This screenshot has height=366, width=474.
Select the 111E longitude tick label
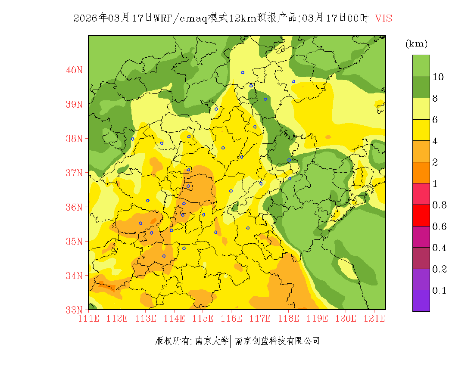tap(89, 318)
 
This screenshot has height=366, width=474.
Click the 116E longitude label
tap(231, 318)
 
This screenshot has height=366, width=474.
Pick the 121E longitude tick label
tap(374, 318)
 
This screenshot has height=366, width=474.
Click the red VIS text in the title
tap(384, 18)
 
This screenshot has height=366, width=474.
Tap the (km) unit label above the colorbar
tap(416, 44)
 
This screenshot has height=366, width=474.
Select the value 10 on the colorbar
tap(438, 77)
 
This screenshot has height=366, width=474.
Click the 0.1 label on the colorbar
tap(439, 291)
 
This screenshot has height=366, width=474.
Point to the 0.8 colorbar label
tap(439, 205)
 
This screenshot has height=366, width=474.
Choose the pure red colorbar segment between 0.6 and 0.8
tap(421, 215)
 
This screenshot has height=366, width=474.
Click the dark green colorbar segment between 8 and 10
tap(421, 87)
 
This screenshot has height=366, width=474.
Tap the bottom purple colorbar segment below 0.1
tap(421, 301)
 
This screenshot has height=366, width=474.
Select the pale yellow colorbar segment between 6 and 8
tap(421, 109)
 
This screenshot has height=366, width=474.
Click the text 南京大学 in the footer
tap(212, 341)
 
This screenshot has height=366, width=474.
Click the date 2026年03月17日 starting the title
tap(113, 18)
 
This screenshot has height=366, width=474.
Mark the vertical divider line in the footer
tap(231, 341)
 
